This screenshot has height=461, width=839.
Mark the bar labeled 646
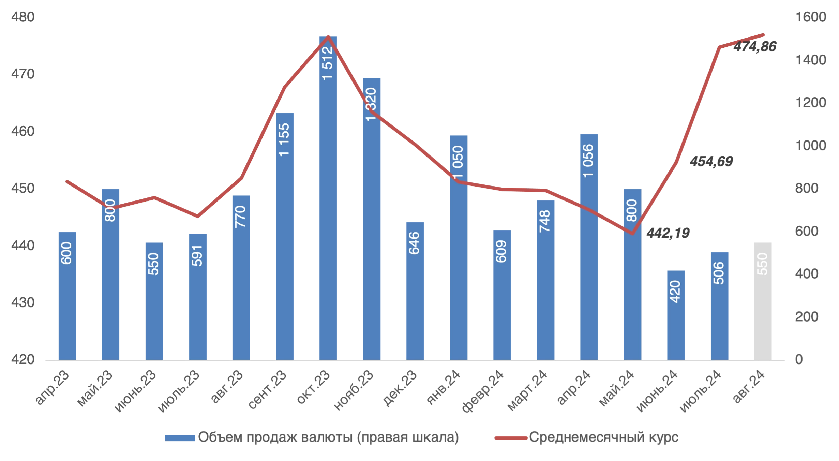[414, 290]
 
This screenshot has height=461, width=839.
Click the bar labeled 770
[241, 276]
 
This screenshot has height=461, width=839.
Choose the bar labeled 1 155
[285, 235]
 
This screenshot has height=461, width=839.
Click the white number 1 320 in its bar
[371, 104]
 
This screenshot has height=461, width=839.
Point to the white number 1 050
[458, 162]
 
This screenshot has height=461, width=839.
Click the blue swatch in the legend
[180, 438]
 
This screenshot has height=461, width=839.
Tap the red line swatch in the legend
[510, 438]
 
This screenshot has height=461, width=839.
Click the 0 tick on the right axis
[799, 359]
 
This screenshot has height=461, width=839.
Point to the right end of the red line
[765, 35]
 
